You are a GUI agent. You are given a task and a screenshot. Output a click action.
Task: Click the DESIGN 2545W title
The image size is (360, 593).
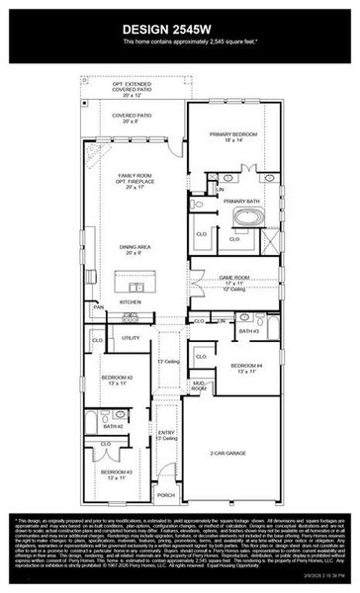point(179,28)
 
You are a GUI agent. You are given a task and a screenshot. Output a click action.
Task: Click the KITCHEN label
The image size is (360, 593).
point(131,301)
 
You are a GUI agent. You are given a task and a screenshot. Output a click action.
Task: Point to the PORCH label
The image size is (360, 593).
point(166,495)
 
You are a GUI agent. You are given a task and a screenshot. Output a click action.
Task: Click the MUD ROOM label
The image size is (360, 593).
point(199,387)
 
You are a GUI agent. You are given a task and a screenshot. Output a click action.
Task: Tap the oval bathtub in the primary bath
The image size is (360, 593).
point(244,218)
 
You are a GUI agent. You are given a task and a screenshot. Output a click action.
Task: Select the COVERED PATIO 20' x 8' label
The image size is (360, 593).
point(131,117)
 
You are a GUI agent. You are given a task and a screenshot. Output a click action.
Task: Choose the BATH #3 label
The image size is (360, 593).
point(247,332)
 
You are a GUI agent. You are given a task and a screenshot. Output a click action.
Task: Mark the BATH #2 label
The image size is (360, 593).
point(112,426)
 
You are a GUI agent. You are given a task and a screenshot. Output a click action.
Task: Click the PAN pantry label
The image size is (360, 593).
point(98,307)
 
